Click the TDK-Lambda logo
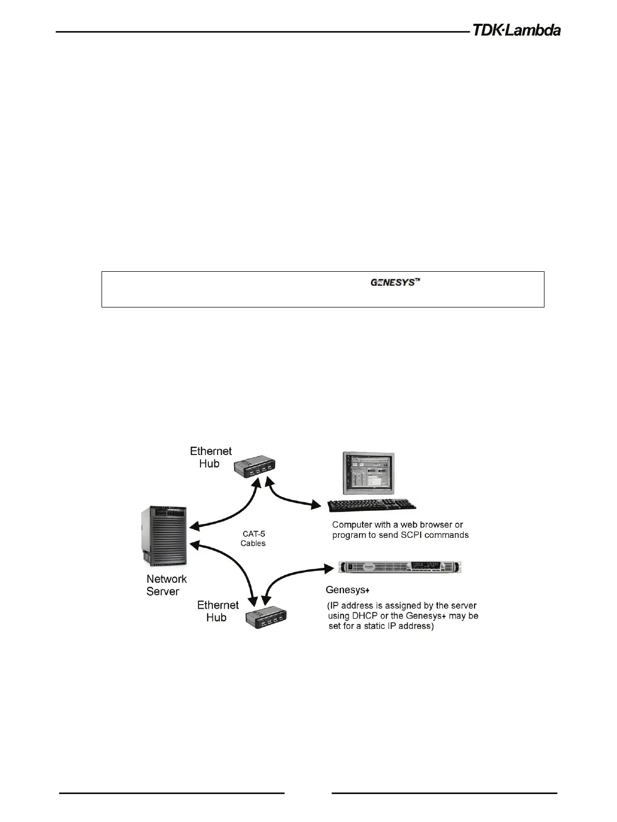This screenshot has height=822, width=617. [516, 31]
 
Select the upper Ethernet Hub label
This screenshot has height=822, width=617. [210, 457]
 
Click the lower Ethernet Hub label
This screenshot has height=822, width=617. [218, 611]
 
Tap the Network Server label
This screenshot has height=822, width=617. [166, 585]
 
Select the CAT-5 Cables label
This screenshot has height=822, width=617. [253, 538]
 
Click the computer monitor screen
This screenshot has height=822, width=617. [368, 473]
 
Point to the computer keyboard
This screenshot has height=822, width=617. [372, 505]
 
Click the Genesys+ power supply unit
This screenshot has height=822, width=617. [399, 567]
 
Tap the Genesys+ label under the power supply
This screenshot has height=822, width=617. [347, 590]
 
